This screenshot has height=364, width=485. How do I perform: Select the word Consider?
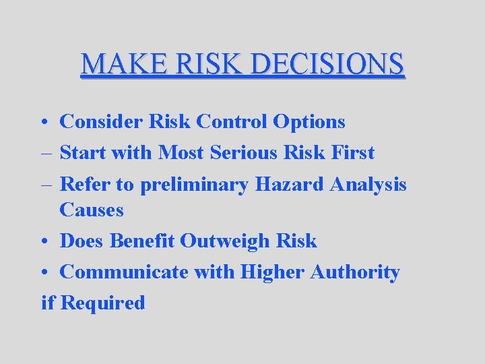[x=101, y=122]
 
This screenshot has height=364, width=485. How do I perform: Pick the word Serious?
[x=242, y=153]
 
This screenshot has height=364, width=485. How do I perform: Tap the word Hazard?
[x=290, y=184]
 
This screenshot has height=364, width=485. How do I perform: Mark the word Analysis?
[x=368, y=184]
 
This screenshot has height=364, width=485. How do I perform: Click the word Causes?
[x=92, y=210]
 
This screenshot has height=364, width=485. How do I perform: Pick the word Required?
[x=102, y=303]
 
